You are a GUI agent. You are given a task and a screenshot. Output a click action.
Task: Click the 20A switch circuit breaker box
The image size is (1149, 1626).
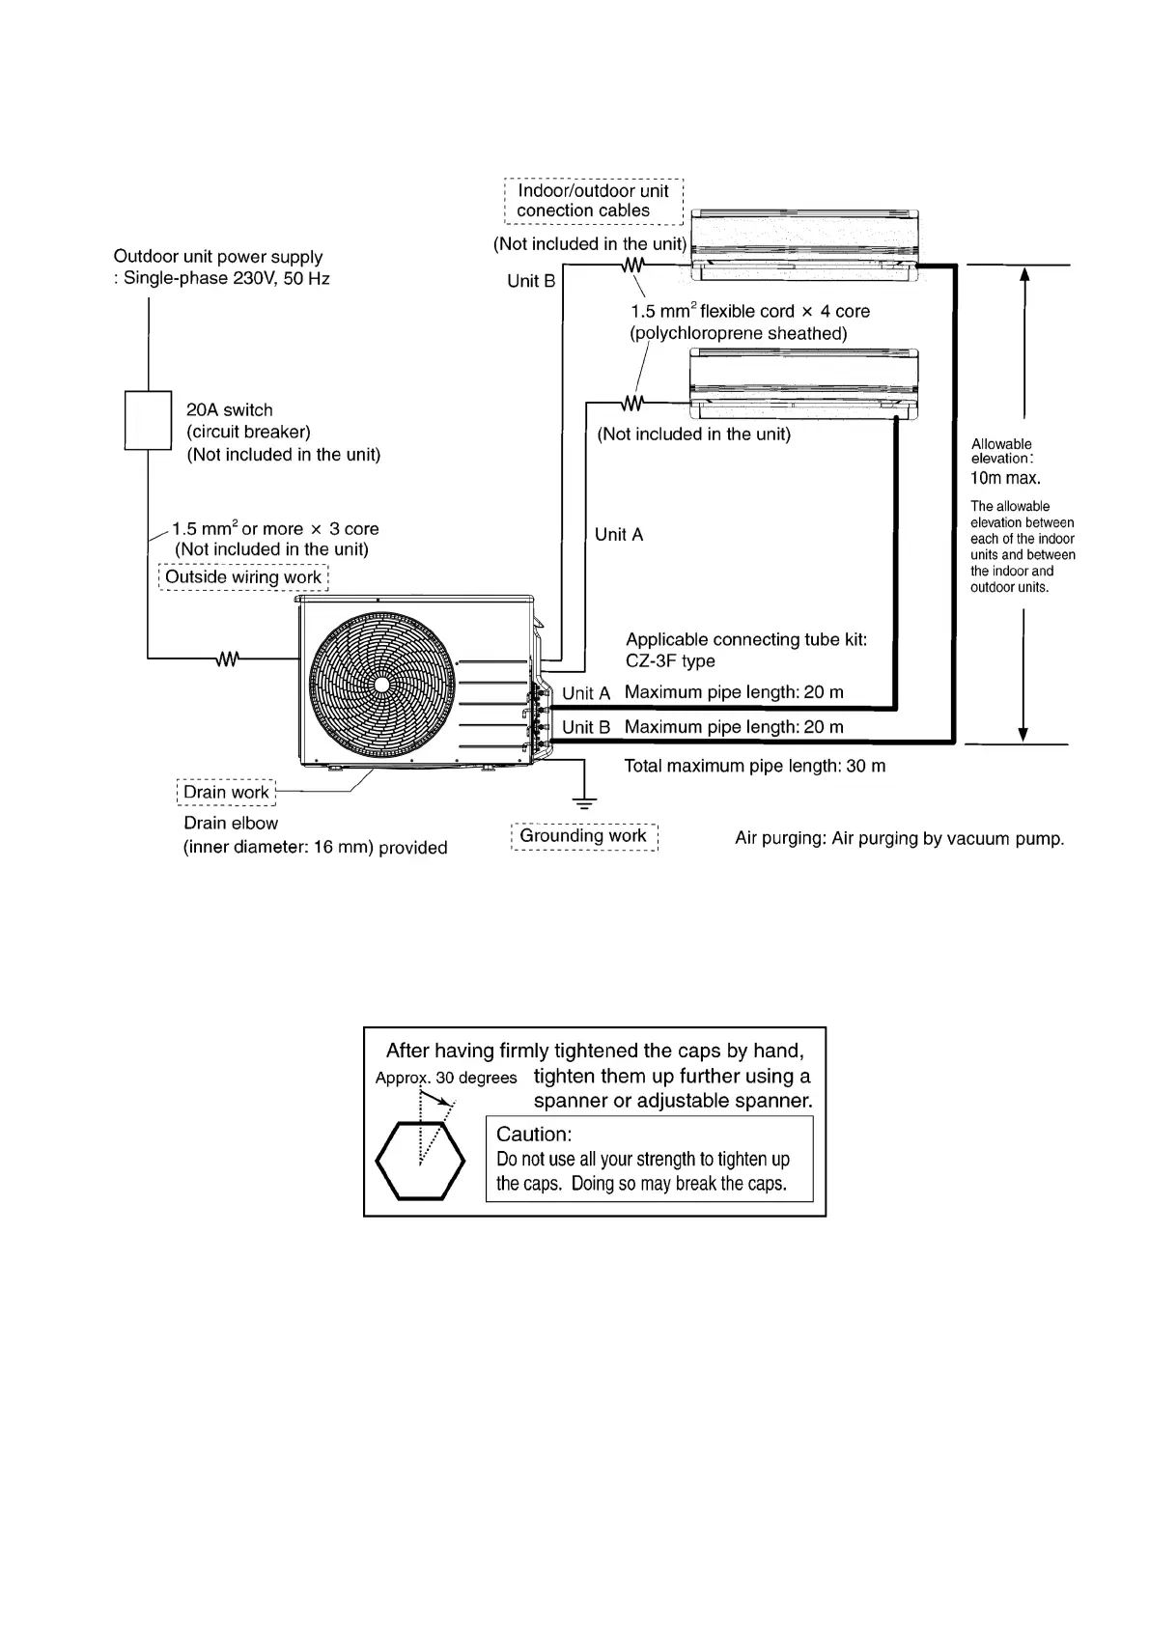click(148, 420)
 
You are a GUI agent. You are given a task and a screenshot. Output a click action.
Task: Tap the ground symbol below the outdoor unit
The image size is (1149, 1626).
click(583, 800)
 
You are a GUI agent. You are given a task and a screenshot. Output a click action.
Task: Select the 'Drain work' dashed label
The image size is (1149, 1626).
click(226, 793)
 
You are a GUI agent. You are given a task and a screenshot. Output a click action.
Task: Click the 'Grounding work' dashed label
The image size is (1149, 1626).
click(583, 836)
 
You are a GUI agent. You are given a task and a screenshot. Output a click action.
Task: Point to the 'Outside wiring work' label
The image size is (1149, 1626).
click(242, 577)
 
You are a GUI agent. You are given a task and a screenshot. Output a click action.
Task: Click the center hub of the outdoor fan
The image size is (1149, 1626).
click(381, 684)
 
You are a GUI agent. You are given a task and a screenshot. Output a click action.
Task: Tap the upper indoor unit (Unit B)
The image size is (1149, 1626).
click(803, 246)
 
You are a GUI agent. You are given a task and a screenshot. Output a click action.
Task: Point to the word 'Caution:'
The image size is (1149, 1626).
click(534, 1135)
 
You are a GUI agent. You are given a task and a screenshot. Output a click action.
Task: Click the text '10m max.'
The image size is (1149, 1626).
click(1005, 478)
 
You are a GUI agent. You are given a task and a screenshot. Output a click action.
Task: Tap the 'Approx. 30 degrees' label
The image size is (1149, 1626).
click(446, 1078)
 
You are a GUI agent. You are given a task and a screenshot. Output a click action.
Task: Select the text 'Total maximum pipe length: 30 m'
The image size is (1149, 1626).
click(754, 767)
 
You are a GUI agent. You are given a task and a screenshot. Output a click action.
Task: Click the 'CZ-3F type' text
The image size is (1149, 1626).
click(670, 661)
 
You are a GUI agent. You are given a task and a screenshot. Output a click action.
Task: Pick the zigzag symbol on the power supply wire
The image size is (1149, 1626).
click(227, 659)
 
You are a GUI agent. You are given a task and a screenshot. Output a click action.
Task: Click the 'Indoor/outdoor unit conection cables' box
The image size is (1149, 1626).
click(593, 201)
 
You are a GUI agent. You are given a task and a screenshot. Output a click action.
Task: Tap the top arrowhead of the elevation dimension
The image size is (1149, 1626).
click(1023, 273)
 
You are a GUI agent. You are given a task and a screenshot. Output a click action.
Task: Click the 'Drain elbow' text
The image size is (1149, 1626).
click(231, 824)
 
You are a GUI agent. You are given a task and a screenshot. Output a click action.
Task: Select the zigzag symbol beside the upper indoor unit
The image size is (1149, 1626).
click(633, 265)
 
